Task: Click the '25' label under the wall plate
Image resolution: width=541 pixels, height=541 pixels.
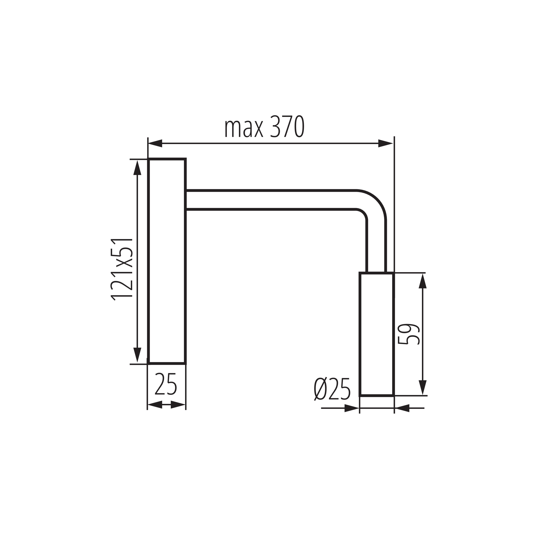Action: (x=166, y=384)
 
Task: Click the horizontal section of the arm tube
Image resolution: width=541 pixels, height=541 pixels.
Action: (x=269, y=200)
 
